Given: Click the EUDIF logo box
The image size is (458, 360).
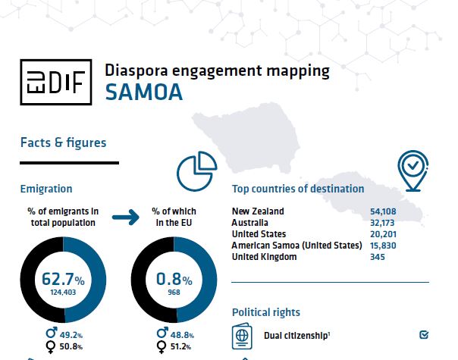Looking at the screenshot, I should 55,81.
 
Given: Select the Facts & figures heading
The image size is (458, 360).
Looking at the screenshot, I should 63,142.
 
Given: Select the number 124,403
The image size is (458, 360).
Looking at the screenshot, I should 64,290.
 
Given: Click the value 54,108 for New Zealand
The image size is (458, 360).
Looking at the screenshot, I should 402,211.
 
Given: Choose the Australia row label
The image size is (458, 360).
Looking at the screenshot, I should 249,223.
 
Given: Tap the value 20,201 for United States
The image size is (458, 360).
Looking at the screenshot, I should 402,234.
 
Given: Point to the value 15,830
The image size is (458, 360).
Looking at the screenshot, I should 402,246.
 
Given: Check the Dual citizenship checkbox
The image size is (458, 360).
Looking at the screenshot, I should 424,334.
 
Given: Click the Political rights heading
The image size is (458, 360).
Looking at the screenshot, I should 265,311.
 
